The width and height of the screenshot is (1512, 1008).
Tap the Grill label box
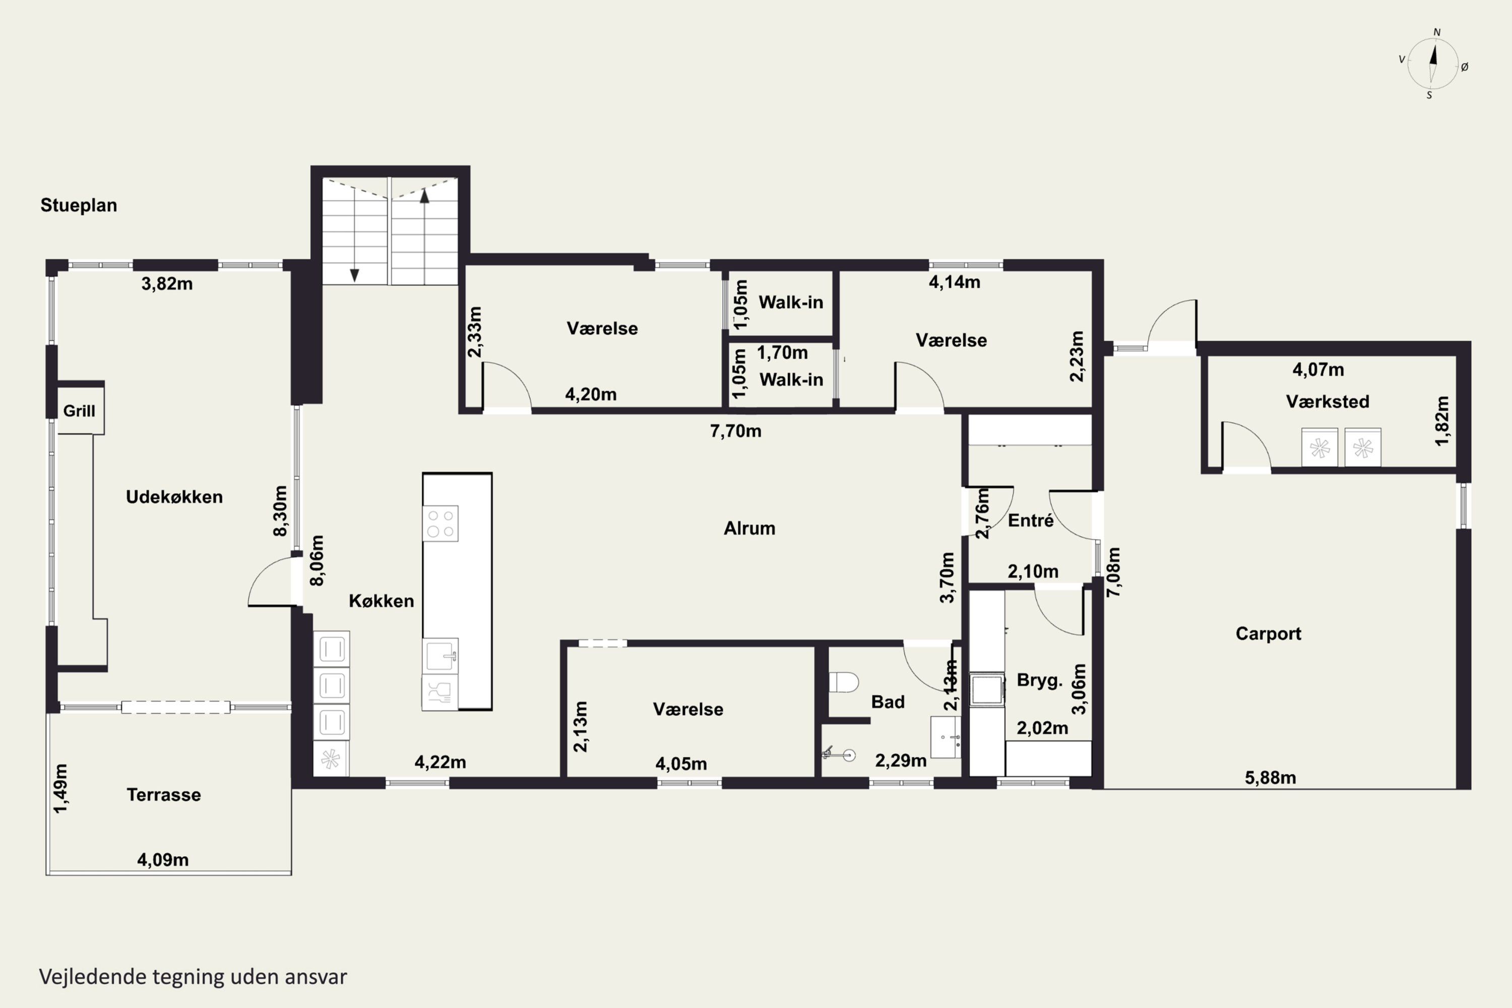point(80,410)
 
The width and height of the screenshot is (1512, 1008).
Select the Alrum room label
point(749,528)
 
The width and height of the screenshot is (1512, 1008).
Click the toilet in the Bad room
point(843,682)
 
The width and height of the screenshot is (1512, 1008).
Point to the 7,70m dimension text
point(735,431)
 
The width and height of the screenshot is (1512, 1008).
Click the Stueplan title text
point(79,206)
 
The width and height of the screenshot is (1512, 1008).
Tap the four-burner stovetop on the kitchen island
point(440,523)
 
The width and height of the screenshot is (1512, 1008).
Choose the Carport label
point(1269,634)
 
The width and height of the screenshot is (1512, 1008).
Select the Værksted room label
point(1328,402)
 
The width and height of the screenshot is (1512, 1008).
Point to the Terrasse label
point(163,795)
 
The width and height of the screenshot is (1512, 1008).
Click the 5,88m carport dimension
point(1270,778)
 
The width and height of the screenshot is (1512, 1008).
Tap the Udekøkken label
point(174,497)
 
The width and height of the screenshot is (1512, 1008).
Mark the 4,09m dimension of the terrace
point(163,860)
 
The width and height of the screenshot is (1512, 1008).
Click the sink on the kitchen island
point(440,655)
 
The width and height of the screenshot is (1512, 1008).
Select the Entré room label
point(1031,521)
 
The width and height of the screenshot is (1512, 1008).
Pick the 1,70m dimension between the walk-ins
point(782,353)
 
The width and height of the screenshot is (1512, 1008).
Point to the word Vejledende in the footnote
point(93,977)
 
